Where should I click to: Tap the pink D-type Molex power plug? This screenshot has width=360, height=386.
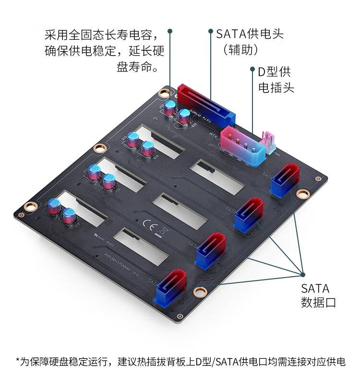point(243,145)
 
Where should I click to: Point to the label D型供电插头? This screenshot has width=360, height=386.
point(276,80)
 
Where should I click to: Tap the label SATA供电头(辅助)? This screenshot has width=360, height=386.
point(249,41)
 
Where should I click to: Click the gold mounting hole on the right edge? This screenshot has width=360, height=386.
point(302,194)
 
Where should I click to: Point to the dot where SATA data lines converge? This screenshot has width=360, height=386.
point(303,274)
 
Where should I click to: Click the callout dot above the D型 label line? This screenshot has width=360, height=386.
point(252,70)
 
